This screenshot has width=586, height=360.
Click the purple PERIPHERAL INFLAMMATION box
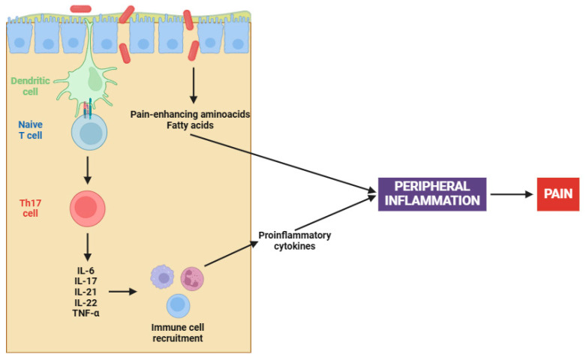point(432,193)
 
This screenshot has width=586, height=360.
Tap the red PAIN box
point(557,194)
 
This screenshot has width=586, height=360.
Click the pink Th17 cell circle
point(88,208)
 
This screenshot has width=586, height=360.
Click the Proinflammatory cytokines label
point(294,240)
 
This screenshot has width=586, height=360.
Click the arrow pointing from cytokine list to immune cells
point(122,289)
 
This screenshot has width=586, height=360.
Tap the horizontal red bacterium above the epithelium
point(80,8)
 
